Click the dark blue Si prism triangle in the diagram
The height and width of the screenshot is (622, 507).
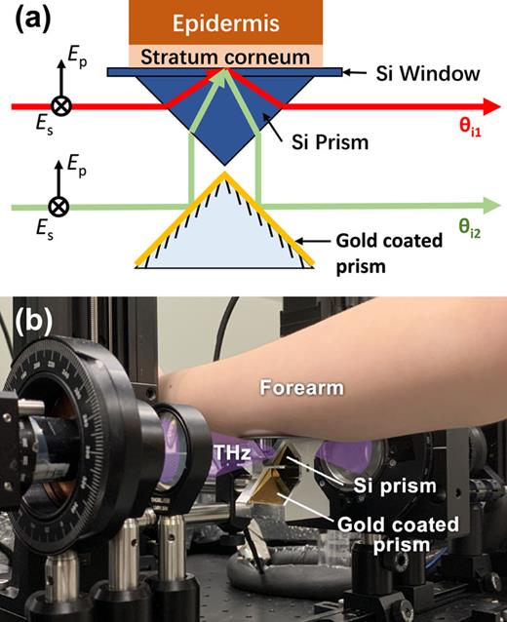(x=223, y=117)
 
